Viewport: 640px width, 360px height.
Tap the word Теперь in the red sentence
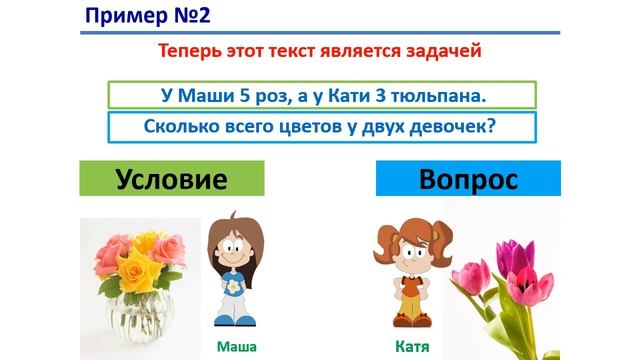tap(190, 52)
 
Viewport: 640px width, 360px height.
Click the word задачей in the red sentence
tap(448, 52)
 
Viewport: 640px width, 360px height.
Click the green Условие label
tap(173, 180)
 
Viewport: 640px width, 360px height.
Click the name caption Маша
tap(237, 347)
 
